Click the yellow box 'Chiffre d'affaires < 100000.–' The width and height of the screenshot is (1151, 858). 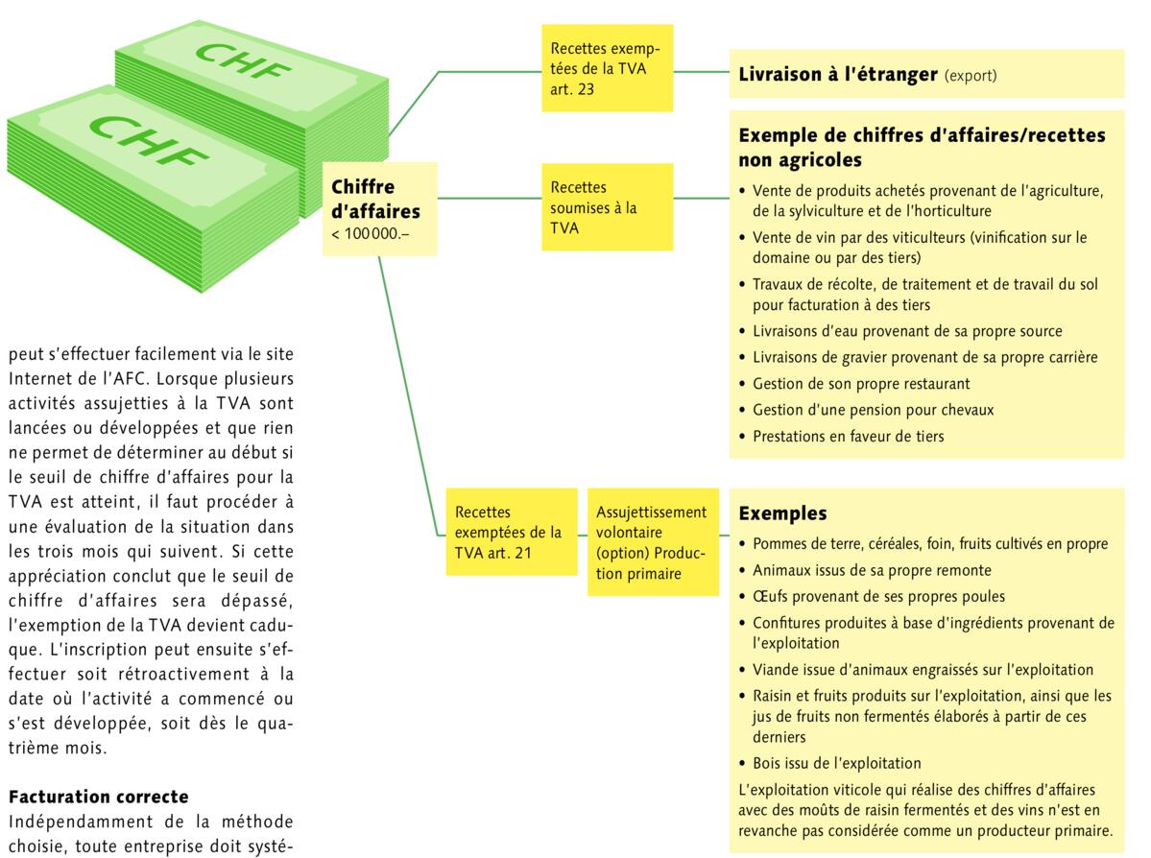click(379, 209)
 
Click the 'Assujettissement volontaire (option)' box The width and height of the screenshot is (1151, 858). click(652, 541)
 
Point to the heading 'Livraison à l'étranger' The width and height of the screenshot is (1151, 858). click(837, 74)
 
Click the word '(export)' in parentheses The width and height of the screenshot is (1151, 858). click(971, 75)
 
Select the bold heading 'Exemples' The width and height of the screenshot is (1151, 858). click(782, 514)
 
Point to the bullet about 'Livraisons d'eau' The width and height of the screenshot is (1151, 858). click(907, 331)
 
